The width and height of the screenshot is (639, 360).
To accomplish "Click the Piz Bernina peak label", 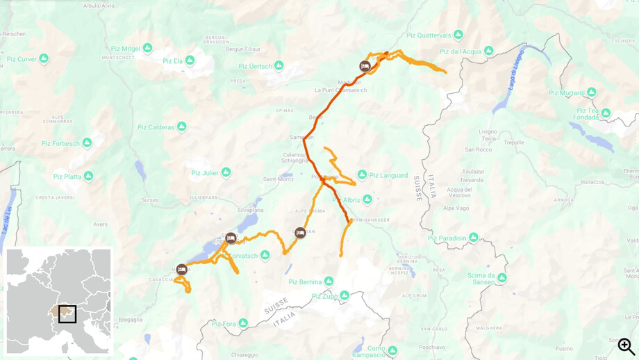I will click(304, 282).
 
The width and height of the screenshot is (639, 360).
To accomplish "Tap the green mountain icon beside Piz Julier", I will click(226, 172).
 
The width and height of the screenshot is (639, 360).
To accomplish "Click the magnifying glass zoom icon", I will click(626, 345).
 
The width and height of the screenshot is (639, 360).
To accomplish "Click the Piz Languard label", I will click(388, 175).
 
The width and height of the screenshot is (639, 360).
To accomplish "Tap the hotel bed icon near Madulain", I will click(365, 66).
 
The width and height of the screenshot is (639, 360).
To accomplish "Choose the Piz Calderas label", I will click(156, 127).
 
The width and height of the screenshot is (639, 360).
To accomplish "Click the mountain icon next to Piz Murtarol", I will click(591, 92).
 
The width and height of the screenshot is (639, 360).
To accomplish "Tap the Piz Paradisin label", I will click(447, 238).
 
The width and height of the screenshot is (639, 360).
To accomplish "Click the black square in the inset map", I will click(67, 314).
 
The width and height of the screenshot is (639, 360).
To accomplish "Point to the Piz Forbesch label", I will click(60, 144).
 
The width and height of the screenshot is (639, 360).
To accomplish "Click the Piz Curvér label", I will click(22, 59).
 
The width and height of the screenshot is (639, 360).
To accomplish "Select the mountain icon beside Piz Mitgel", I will click(147, 48).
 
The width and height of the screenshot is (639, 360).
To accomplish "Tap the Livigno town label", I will click(488, 131).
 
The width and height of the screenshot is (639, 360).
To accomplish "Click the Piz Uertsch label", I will click(255, 67).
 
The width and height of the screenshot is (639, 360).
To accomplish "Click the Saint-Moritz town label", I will click(277, 179).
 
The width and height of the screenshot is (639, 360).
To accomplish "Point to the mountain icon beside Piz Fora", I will click(243, 323).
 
